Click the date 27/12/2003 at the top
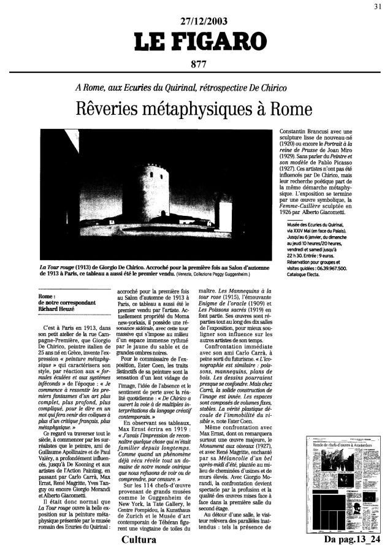196,24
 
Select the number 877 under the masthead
196,67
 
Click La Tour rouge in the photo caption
58,267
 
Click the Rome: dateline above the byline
47,288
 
